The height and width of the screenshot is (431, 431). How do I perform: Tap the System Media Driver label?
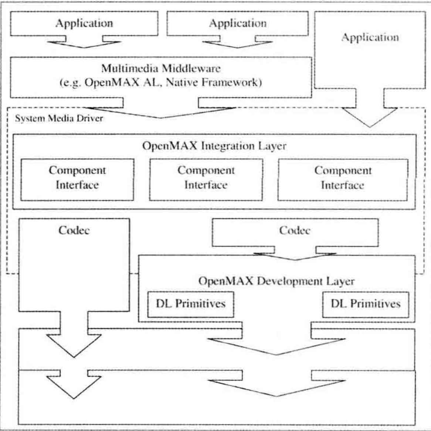click(59, 119)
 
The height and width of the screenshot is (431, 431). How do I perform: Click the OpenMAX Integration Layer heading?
click(214, 146)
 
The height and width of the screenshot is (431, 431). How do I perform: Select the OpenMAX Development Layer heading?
click(276, 281)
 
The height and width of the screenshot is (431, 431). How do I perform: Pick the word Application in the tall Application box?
click(370, 37)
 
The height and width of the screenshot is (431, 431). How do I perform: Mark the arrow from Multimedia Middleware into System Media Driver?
click(161, 111)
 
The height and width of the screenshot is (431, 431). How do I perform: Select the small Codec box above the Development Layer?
click(295, 232)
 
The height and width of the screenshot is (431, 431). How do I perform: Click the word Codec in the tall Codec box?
click(74, 231)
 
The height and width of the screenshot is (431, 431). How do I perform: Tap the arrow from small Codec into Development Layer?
click(295, 256)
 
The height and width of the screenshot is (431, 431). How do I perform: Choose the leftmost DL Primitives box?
click(191, 304)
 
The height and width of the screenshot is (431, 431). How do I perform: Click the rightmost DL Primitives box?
click(366, 304)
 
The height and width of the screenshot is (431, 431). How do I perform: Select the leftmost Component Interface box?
click(77, 180)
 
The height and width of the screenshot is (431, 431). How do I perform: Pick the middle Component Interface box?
click(206, 180)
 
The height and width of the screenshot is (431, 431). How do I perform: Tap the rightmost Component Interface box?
click(343, 180)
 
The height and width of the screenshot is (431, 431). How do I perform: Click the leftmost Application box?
click(84, 23)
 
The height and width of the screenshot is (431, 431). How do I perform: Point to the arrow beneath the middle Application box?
click(237, 43)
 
